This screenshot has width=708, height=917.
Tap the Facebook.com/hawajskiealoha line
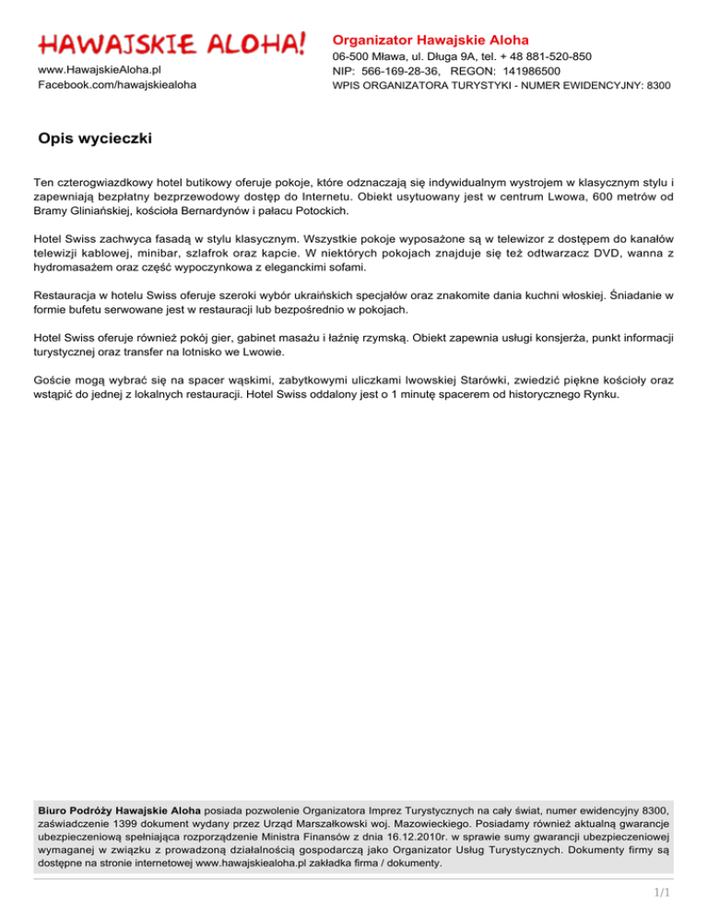116,85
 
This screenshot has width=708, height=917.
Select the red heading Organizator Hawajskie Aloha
431,41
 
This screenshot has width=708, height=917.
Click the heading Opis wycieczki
95,139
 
